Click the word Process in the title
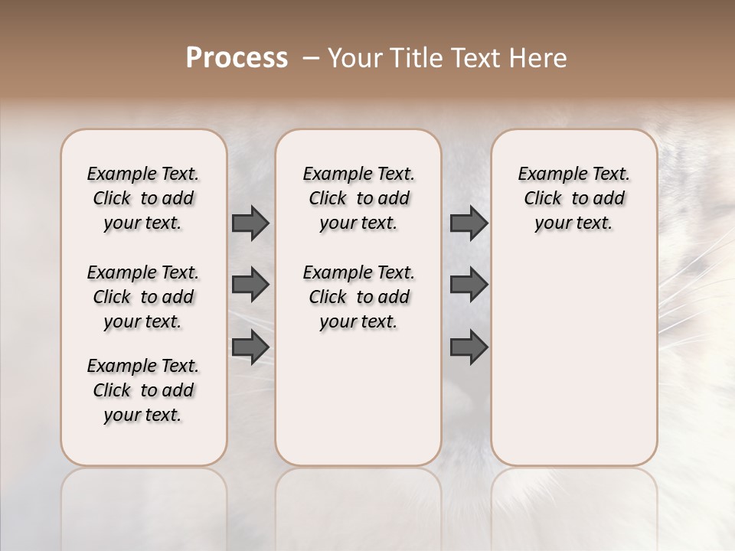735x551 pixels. (x=237, y=58)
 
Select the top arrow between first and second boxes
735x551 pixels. (x=250, y=223)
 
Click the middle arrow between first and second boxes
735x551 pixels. (x=250, y=285)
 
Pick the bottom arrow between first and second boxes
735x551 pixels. (x=250, y=347)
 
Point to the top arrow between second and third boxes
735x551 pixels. (x=469, y=223)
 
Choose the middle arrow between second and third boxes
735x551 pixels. (x=469, y=285)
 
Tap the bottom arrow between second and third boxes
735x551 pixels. (x=469, y=347)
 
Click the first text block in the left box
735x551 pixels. (x=143, y=198)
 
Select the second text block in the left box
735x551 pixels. (x=143, y=297)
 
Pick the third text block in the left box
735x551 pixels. (x=143, y=390)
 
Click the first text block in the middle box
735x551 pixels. (x=358, y=198)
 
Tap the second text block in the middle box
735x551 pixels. (x=358, y=297)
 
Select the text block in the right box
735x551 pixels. (x=574, y=198)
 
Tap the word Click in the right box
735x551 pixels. (x=543, y=198)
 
